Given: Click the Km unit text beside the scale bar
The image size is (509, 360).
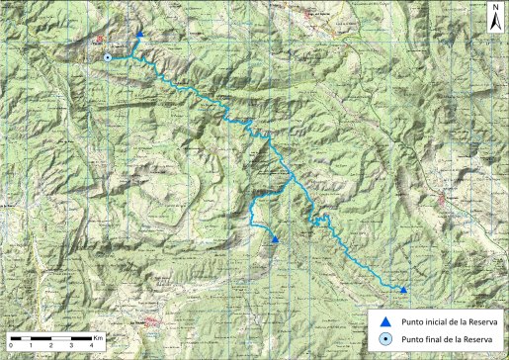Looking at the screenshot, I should pos(99,337).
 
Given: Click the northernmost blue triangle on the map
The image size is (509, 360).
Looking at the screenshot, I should pos(140,35).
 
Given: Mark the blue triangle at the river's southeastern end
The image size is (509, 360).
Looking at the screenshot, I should pos(403,289).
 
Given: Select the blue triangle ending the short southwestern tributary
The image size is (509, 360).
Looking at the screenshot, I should pos(275,239).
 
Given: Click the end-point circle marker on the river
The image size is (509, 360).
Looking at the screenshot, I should pos(107,58).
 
